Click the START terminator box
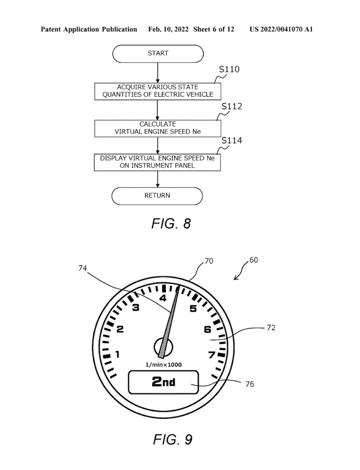(158, 54)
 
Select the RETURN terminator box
(157, 196)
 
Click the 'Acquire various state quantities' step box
(158, 91)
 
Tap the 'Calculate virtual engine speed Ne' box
(158, 128)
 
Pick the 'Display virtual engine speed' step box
(157, 162)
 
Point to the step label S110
(229, 69)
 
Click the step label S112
(232, 106)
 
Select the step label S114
(232, 141)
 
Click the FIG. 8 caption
(171, 224)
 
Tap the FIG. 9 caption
(172, 439)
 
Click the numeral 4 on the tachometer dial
(163, 298)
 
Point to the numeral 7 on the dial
(211, 355)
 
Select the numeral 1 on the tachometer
(117, 355)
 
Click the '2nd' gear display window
(163, 382)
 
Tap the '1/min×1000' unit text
(164, 365)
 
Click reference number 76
(250, 384)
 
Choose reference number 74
(83, 268)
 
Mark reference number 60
(254, 260)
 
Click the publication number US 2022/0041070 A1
(281, 29)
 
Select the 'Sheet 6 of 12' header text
(213, 29)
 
